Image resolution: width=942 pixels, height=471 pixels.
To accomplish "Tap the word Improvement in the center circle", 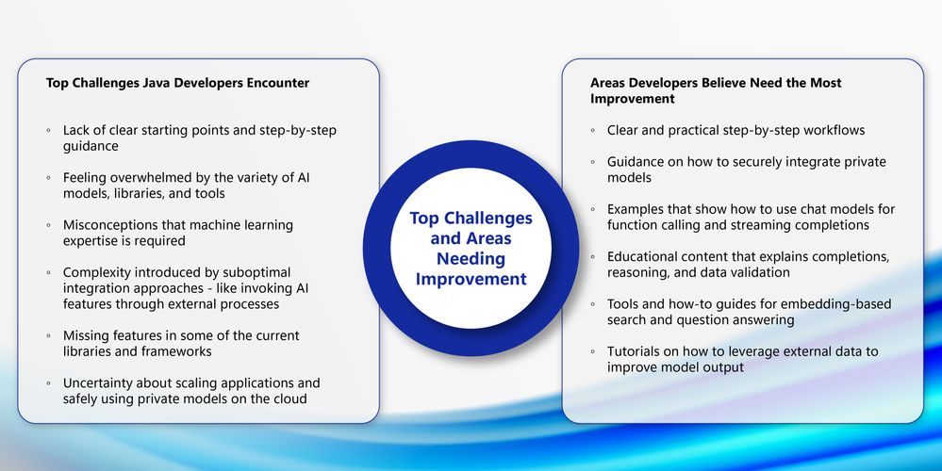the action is [x=471, y=280].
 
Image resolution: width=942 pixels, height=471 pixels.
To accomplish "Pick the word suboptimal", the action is [x=256, y=273].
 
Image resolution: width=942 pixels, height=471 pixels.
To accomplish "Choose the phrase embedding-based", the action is [x=843, y=304].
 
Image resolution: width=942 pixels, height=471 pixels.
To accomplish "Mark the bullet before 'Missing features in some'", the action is [x=49, y=336].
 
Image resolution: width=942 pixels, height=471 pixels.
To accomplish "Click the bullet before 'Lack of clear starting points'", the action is [x=49, y=131].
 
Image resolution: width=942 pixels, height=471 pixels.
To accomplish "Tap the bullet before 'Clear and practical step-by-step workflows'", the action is [x=593, y=131].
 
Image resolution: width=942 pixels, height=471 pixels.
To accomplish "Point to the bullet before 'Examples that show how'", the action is [x=593, y=209].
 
